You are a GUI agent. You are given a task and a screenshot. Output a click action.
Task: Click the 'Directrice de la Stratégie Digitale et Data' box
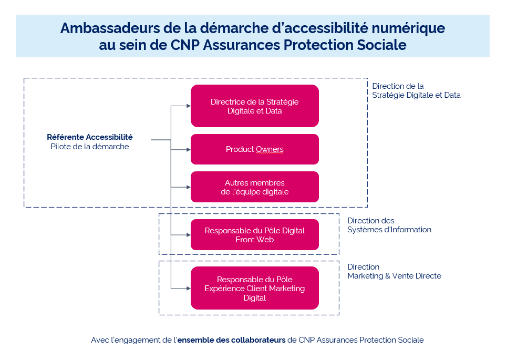pyautogui.click(x=254, y=106)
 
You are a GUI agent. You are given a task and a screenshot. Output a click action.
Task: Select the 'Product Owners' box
pyautogui.click(x=254, y=149)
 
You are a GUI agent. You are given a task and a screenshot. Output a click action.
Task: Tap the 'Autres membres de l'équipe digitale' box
pyautogui.click(x=254, y=187)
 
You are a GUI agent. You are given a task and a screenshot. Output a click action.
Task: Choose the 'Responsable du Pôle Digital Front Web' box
pyautogui.click(x=254, y=235)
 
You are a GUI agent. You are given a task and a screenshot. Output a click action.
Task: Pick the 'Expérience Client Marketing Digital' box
pyautogui.click(x=254, y=288)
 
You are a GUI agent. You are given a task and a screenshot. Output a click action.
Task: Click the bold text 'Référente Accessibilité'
pyautogui.click(x=90, y=137)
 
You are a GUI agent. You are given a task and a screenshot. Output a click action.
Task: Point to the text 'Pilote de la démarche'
pyautogui.click(x=90, y=147)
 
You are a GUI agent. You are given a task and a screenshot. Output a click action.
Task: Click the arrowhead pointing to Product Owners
pyautogui.click(x=188, y=149)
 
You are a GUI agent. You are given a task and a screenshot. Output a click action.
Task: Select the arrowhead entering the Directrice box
pyautogui.click(x=188, y=106)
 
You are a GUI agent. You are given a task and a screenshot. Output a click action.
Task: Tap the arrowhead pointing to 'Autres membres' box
pyautogui.click(x=188, y=187)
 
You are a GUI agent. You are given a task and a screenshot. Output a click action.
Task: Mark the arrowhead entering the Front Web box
pyautogui.click(x=188, y=235)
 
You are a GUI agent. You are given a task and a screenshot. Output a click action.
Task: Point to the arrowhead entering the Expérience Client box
pyautogui.click(x=188, y=288)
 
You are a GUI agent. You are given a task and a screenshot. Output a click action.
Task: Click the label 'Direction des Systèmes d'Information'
pyautogui.click(x=389, y=225)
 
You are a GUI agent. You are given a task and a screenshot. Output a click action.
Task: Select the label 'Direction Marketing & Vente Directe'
pyautogui.click(x=394, y=271)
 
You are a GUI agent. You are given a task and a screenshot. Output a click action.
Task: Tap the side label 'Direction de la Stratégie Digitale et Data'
pyautogui.click(x=416, y=90)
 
